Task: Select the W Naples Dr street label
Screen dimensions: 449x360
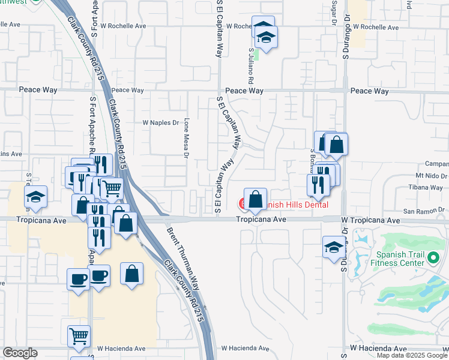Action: tap(160, 122)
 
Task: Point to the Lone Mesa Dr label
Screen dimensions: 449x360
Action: tap(187, 138)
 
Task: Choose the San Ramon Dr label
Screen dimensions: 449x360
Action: tap(424, 211)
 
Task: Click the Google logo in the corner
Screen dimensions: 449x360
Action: tap(20, 353)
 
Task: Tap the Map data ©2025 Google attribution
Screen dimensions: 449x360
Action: tap(412, 355)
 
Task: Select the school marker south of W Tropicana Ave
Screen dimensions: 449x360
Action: tap(334, 247)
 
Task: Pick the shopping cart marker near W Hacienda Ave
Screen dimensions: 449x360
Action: tap(79, 336)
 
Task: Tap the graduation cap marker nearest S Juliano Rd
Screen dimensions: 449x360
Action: tap(265, 38)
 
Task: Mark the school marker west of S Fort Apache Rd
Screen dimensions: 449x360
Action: tap(36, 197)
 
